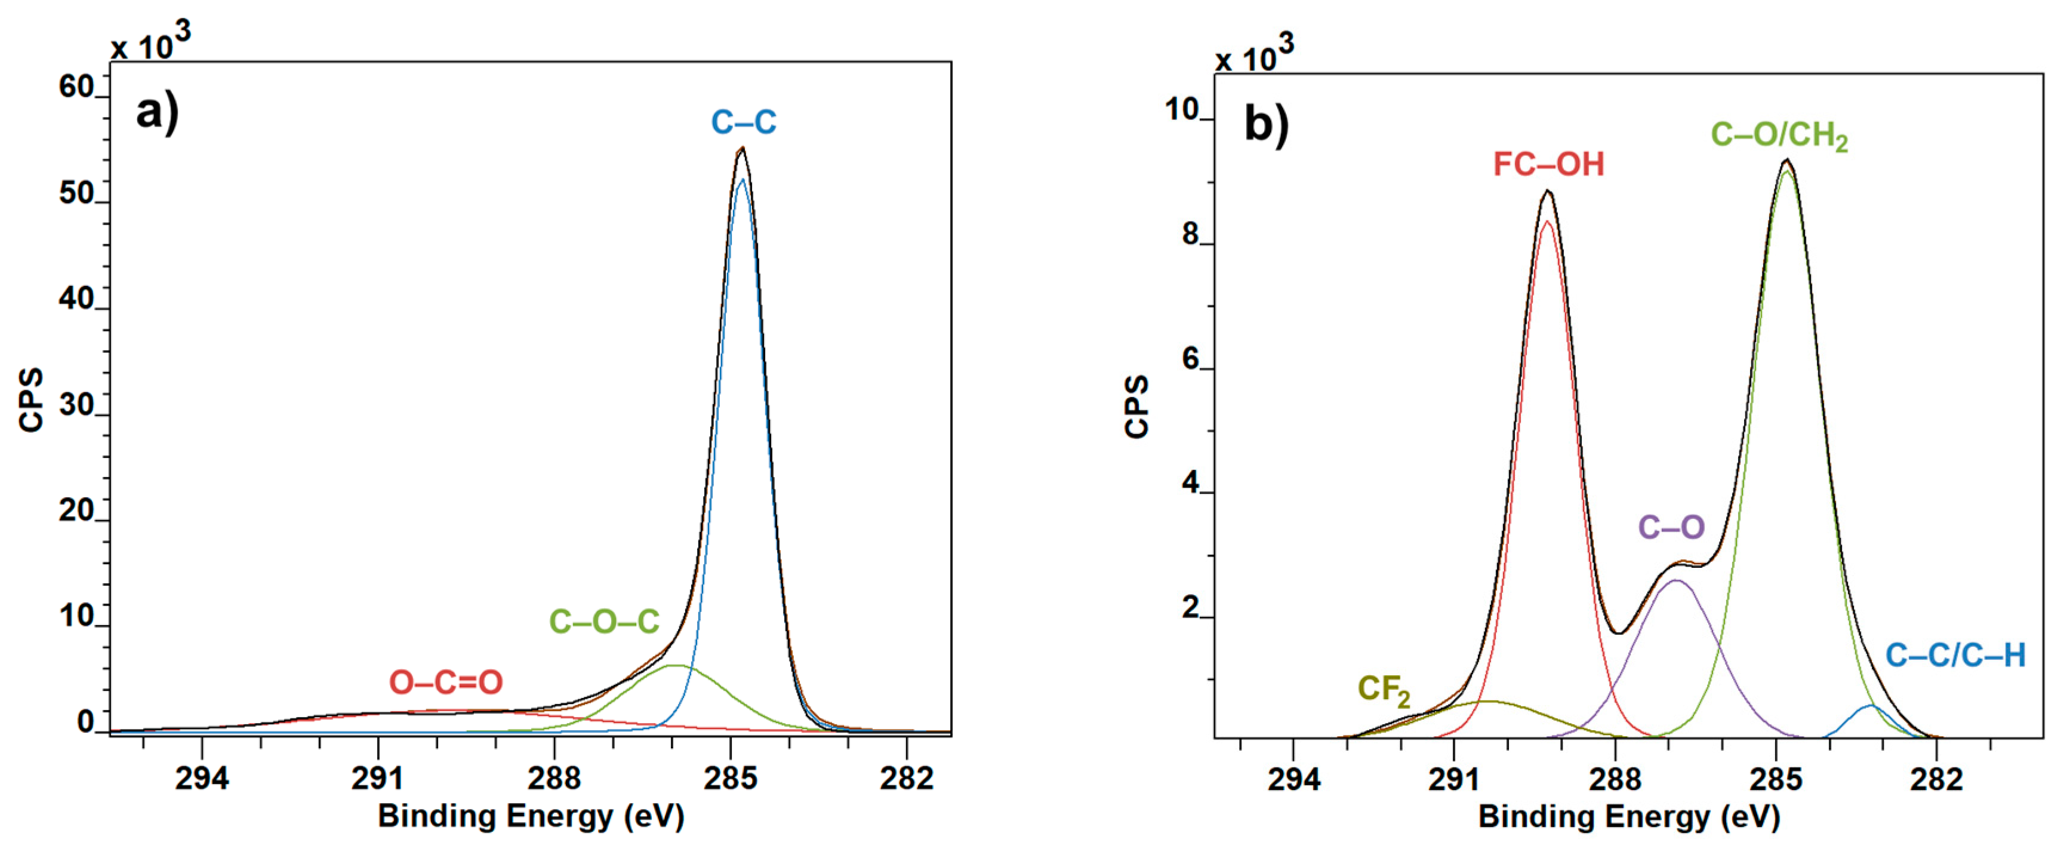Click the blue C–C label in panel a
743,122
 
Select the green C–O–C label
604,622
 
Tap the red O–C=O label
446,682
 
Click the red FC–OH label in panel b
1548,165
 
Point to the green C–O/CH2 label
1779,136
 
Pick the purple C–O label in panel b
1671,527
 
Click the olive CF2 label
1384,690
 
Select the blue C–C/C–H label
1955,656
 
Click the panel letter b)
1267,125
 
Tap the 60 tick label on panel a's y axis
76,87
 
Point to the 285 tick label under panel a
729,777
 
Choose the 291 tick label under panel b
1454,779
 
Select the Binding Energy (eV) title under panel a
531,816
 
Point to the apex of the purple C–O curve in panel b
1675,581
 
